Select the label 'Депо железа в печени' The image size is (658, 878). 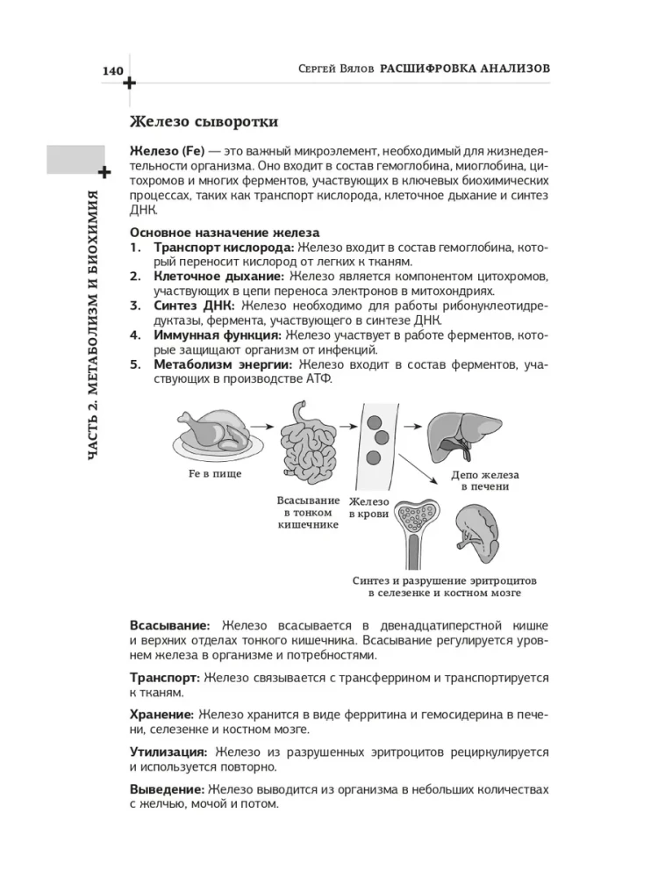click(x=480, y=479)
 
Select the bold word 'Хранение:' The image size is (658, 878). click(x=161, y=716)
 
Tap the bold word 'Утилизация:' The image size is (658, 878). click(x=168, y=752)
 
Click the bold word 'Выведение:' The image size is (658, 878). click(x=167, y=789)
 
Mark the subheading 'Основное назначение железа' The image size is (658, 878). click(x=225, y=233)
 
